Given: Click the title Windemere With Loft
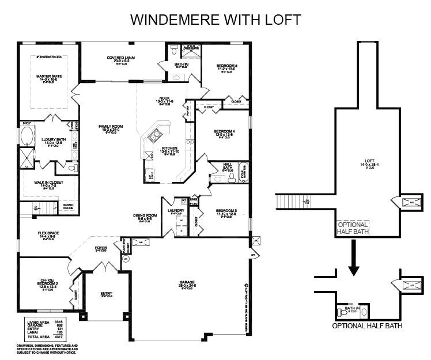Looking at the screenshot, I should pyautogui.click(x=215, y=19).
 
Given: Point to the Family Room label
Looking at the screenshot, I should pyautogui.click(x=111, y=126).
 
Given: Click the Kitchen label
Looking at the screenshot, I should pyautogui.click(x=170, y=148).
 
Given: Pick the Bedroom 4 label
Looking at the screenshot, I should pyautogui.click(x=225, y=132).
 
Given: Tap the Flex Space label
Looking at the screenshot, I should pyautogui.click(x=49, y=233).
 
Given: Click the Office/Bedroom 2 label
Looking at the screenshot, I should pyautogui.click(x=48, y=281).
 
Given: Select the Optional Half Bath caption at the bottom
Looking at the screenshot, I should pyautogui.click(x=367, y=325).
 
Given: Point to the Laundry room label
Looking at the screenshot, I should pyautogui.click(x=176, y=211).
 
